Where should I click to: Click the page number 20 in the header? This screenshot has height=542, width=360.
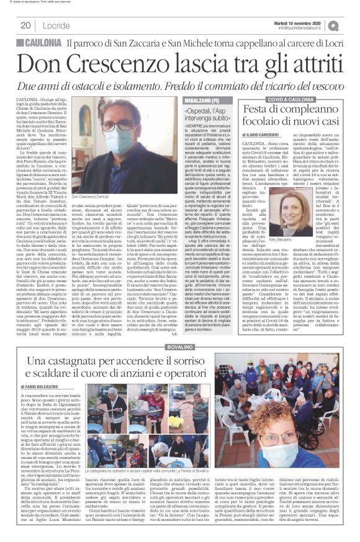coord(25,25)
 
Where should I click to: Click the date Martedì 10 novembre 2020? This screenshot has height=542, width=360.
coord(311,22)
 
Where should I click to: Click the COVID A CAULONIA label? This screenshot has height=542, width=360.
coord(291,99)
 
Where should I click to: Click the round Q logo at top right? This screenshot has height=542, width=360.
coord(350,25)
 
